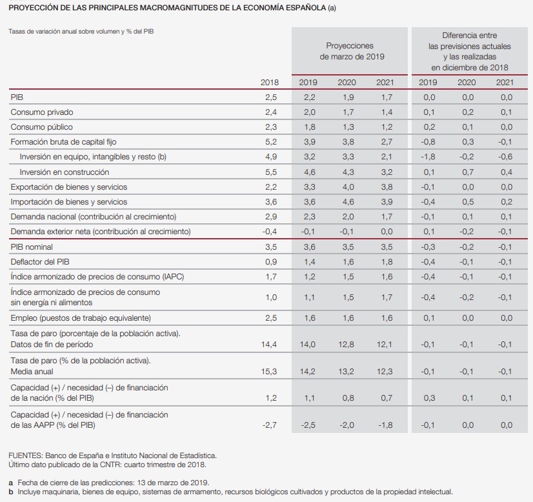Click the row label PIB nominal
tap(32, 247)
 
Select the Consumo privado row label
tap(42, 112)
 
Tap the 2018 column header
tap(270, 82)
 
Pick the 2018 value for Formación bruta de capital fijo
tap(271, 142)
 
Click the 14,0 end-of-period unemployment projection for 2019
tap(308, 345)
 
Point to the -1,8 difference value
tap(428, 157)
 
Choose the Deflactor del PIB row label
tap(40, 262)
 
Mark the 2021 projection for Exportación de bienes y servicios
tap(385, 187)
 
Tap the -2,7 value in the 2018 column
tap(270, 425)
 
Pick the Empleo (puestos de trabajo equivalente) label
tap(81, 318)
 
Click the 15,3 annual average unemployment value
tap(269, 372)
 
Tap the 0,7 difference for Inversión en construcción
tap(467, 172)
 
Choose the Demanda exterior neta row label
tap(101, 232)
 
